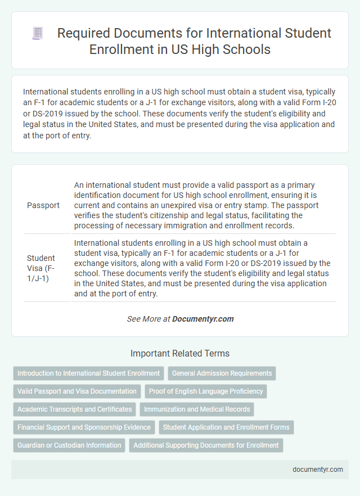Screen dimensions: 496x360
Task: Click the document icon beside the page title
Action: (x=38, y=34)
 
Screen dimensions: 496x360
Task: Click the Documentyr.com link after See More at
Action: (x=202, y=319)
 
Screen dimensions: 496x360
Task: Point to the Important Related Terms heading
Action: (x=180, y=354)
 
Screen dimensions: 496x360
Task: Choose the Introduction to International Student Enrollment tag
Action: (x=88, y=373)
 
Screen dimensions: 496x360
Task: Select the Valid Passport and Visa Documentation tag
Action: (x=76, y=391)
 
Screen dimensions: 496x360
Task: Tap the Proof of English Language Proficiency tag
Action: (x=206, y=391)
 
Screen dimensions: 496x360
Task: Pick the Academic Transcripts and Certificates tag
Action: (x=74, y=409)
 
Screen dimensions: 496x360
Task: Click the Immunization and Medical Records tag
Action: (x=197, y=409)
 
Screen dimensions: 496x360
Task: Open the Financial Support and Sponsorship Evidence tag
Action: (x=84, y=427)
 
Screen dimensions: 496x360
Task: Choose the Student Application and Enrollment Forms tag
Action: (x=226, y=427)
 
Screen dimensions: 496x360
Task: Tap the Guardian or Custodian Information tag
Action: (x=69, y=445)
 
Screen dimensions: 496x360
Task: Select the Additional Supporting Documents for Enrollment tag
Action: (x=206, y=445)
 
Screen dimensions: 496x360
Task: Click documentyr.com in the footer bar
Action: (x=318, y=470)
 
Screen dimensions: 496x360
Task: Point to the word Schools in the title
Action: (x=246, y=49)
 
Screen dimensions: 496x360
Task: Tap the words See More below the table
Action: (x=140, y=319)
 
